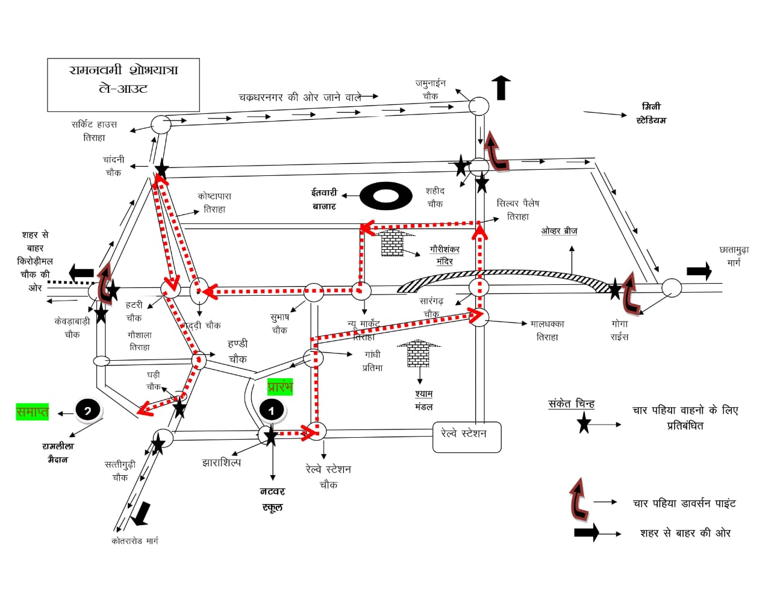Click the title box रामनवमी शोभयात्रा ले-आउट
(x=123, y=84)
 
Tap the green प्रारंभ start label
(x=280, y=387)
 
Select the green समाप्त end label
(x=32, y=412)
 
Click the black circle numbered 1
(x=272, y=410)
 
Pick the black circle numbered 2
(x=88, y=411)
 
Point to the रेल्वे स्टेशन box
(x=467, y=437)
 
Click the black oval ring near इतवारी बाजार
(x=386, y=196)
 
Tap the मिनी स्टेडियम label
(x=651, y=113)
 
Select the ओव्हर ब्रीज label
(x=559, y=231)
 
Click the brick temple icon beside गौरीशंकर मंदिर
(x=392, y=242)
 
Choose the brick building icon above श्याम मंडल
(x=418, y=354)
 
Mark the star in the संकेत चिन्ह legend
(x=584, y=423)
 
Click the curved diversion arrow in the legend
(x=579, y=499)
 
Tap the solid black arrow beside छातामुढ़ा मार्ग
(x=699, y=271)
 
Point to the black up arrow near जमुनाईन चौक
(x=501, y=88)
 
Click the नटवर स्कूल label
(x=272, y=499)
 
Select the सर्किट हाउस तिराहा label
(x=94, y=131)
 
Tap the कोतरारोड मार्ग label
(x=134, y=541)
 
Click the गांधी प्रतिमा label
(x=372, y=361)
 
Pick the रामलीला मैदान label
(x=58, y=452)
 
